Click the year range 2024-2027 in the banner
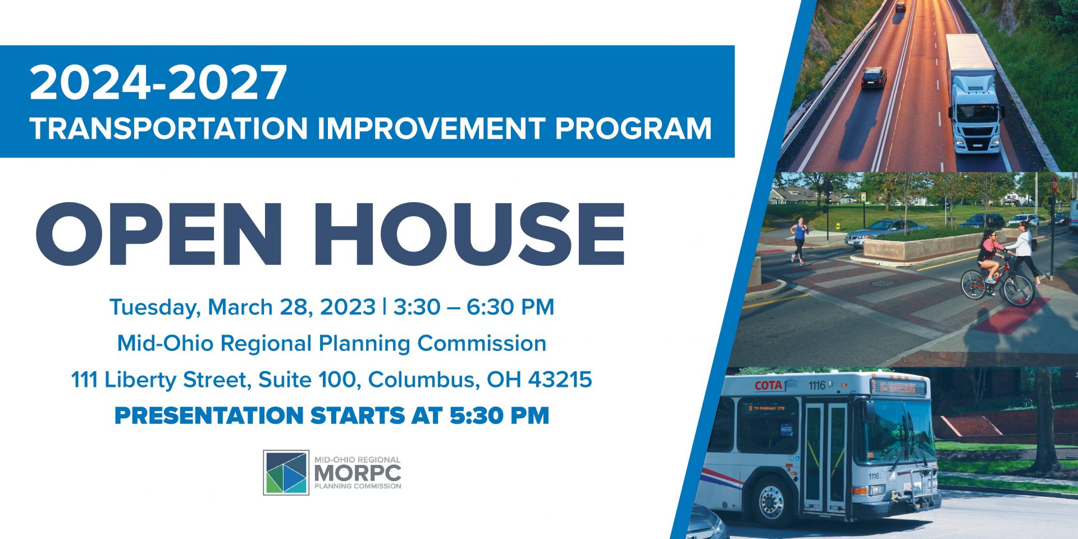[x=158, y=83]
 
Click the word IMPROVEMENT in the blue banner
[x=431, y=128]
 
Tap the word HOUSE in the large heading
[x=469, y=234]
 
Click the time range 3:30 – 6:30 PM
[x=474, y=307]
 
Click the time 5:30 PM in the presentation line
[x=499, y=415]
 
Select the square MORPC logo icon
[x=286, y=472]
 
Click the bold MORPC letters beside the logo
[x=358, y=473]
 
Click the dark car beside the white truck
[x=874, y=77]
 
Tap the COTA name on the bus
[x=768, y=386]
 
